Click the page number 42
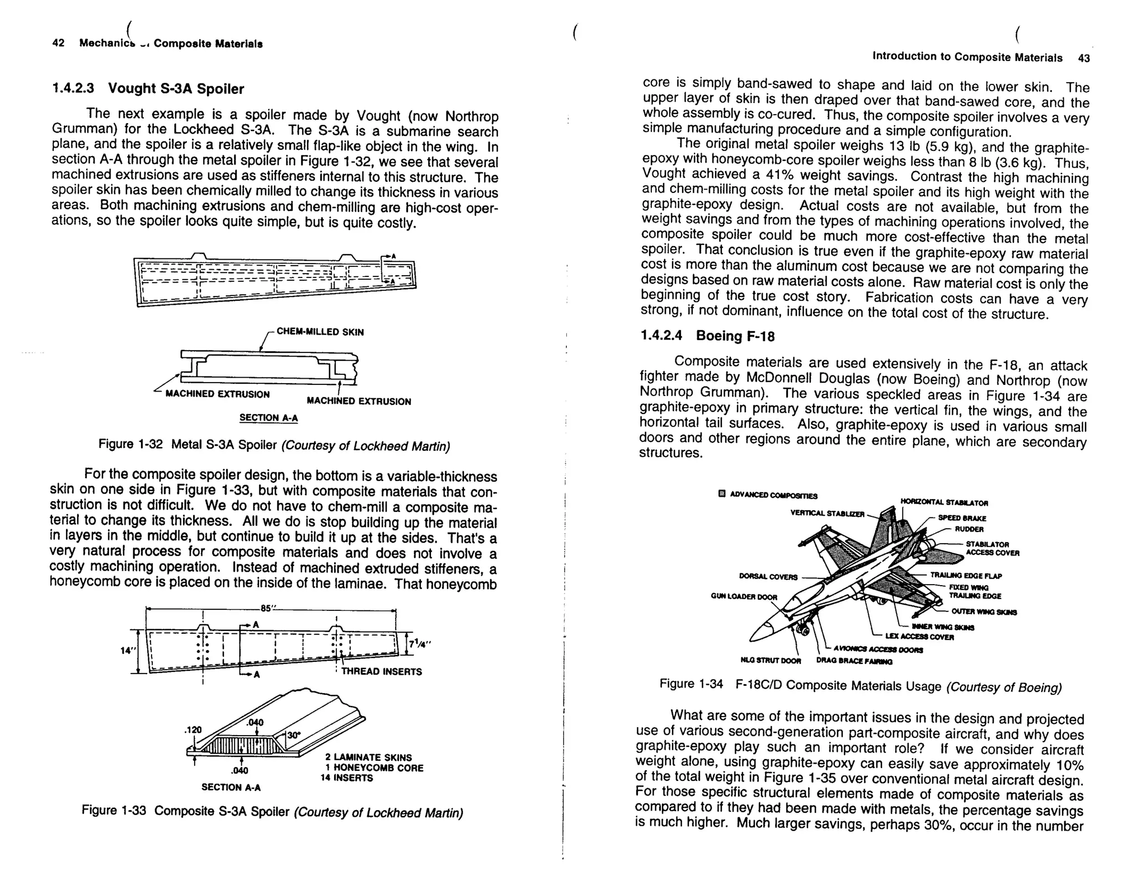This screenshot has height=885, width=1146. tap(58, 43)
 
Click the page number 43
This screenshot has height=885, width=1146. tap(1083, 58)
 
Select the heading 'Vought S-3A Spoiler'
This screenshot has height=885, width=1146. tap(176, 89)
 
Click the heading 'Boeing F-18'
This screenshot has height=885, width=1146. tap(735, 336)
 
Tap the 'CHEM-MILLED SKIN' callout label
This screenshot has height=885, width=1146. tap(320, 332)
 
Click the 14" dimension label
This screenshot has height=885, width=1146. tap(128, 651)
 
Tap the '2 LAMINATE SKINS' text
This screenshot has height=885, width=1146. tap(368, 757)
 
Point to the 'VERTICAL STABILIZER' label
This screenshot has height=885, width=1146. tap(827, 513)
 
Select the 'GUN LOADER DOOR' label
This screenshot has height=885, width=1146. tap(744, 597)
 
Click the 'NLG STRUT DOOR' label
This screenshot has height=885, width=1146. tap(771, 661)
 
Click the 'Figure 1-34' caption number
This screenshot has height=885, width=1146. tap(691, 684)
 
